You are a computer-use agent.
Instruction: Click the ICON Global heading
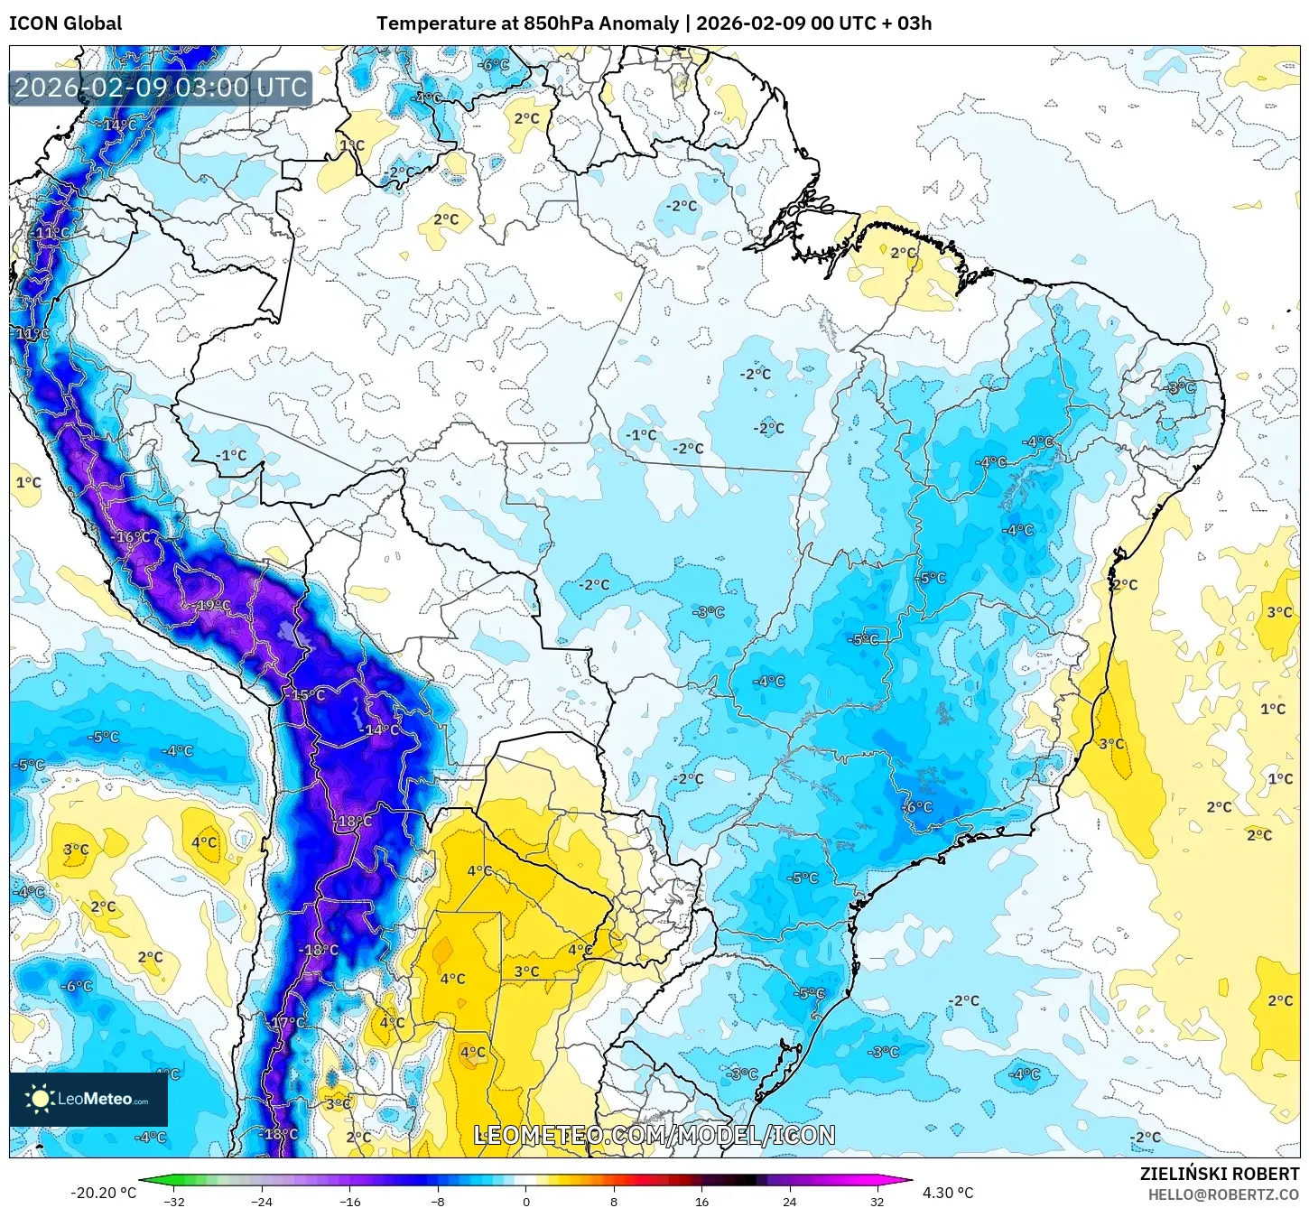coord(65,23)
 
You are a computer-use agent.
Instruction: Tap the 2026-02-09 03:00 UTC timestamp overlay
coord(161,88)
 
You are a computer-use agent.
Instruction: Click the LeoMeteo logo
coord(88,1099)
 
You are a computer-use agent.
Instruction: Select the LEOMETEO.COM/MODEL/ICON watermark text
coord(654,1135)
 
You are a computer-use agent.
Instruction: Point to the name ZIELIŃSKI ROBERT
coord(1219,1175)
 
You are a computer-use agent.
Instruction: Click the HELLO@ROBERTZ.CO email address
coord(1223,1194)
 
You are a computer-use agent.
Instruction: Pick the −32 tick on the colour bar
coord(174,1202)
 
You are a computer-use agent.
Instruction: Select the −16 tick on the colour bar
coord(350,1202)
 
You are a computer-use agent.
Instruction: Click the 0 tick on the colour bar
coord(526,1202)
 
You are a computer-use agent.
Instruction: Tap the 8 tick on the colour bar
coord(614,1202)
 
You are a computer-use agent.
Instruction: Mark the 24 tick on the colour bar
coord(790,1202)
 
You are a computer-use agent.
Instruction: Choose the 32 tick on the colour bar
coord(877,1202)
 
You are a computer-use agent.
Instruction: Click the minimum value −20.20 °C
coord(103,1193)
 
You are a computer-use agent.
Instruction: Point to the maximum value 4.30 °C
coord(948,1193)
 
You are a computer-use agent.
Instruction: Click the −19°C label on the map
coord(211,605)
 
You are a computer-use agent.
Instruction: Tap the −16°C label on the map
coord(133,537)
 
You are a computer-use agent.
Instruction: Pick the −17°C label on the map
coord(287,1023)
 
